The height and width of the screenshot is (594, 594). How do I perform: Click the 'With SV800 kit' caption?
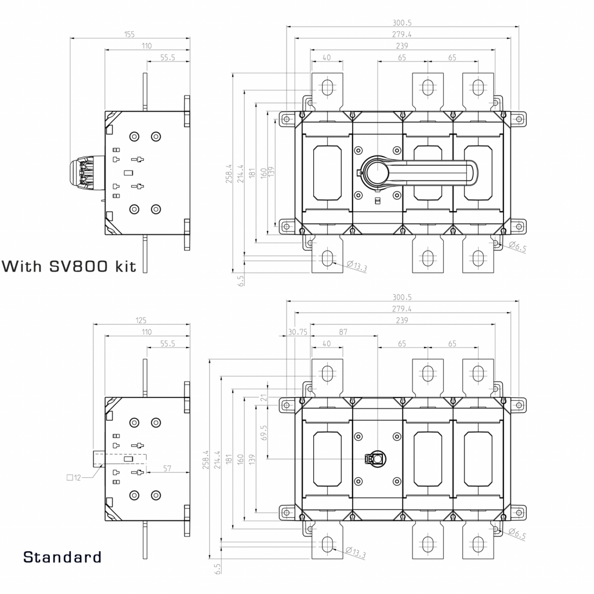point(70,266)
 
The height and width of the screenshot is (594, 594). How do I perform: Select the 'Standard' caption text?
point(62,557)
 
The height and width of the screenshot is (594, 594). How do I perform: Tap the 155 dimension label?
point(129,35)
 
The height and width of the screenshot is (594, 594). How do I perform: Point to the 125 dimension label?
point(141,320)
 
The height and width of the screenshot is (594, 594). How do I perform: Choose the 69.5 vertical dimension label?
point(264,432)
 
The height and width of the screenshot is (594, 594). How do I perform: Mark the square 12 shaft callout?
point(74,477)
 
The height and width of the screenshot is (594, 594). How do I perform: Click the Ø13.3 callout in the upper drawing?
point(357,266)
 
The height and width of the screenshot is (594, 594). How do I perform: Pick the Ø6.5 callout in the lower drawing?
point(517,534)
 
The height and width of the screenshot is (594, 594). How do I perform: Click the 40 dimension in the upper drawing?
point(326,57)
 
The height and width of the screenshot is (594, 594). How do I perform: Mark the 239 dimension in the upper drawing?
point(402,46)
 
